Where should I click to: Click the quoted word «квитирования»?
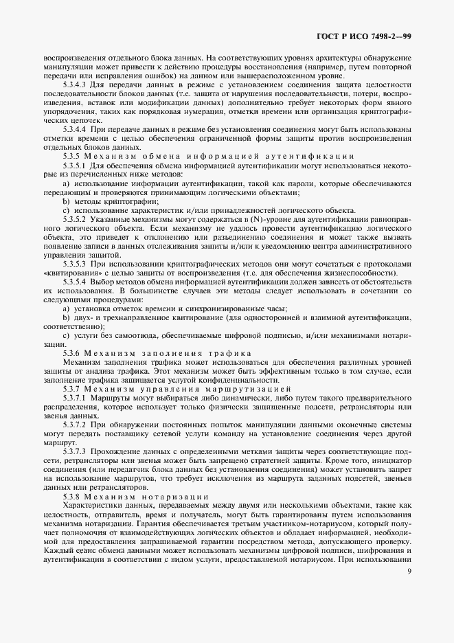[x=67, y=273]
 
